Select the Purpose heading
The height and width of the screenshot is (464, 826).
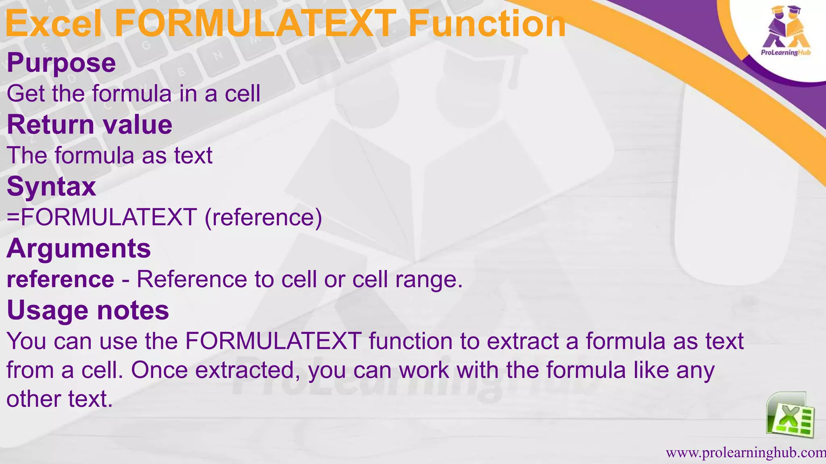[61, 63]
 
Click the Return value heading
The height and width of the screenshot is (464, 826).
[90, 125]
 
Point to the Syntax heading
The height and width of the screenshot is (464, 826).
[52, 187]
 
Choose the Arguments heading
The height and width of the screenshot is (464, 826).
[79, 249]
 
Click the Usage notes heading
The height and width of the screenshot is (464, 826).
[88, 311]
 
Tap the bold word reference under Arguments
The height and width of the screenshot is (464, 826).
[60, 280]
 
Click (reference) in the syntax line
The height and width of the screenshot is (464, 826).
[263, 217]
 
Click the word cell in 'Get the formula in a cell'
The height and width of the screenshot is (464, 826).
[242, 94]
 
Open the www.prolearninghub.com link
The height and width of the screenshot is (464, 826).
[745, 453]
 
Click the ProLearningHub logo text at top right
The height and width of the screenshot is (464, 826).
[785, 53]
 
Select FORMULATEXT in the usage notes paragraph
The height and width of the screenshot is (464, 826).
[273, 341]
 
